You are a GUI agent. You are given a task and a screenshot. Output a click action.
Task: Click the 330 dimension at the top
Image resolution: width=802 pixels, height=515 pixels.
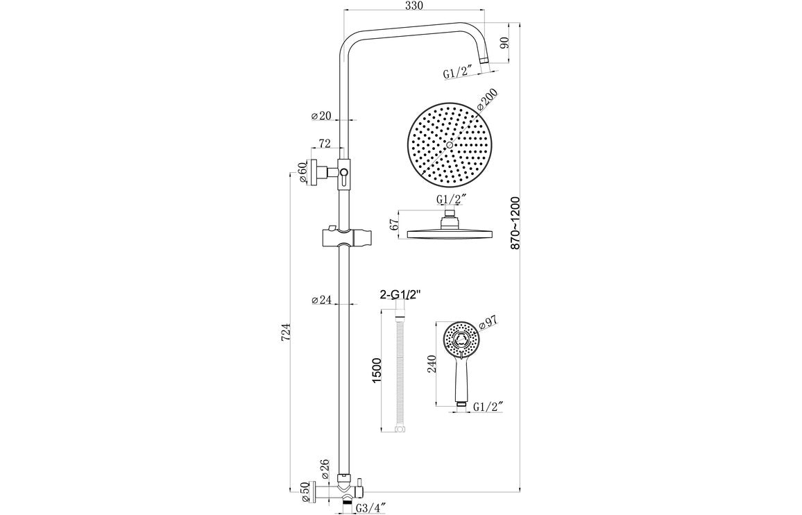point(413,6)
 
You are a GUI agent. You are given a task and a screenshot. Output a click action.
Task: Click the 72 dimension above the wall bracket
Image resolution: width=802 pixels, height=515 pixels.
point(324,143)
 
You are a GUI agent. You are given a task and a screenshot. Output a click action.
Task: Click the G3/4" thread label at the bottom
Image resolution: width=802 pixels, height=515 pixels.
point(371,507)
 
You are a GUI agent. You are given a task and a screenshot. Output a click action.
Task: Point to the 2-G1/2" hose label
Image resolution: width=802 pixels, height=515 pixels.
point(401,295)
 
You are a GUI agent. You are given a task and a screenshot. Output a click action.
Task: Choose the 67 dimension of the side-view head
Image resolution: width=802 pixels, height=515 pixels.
point(393,225)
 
